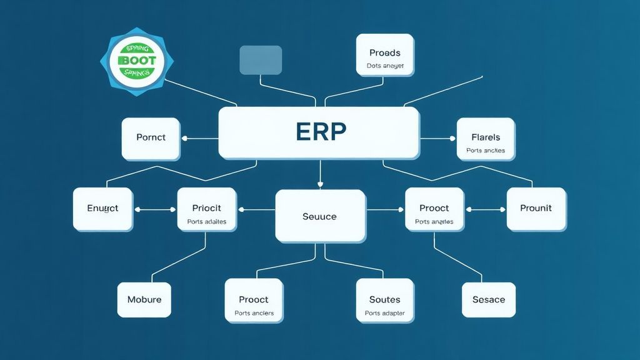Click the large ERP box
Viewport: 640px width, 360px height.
[319, 132]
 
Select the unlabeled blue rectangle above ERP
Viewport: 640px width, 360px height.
[261, 60]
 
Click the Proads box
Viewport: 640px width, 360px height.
[384, 55]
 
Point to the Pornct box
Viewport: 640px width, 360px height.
[151, 137]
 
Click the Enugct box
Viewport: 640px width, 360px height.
[102, 208]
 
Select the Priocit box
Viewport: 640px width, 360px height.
[206, 209]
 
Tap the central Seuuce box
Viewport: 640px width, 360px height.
[320, 216]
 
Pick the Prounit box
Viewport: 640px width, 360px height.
[536, 208]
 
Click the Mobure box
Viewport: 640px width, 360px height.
[144, 299]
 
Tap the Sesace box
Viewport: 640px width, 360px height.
[488, 299]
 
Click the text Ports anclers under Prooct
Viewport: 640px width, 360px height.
[254, 313]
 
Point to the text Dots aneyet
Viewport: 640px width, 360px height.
[385, 66]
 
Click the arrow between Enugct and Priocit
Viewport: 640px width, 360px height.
[155, 210]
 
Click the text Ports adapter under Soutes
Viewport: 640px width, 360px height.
[384, 313]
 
